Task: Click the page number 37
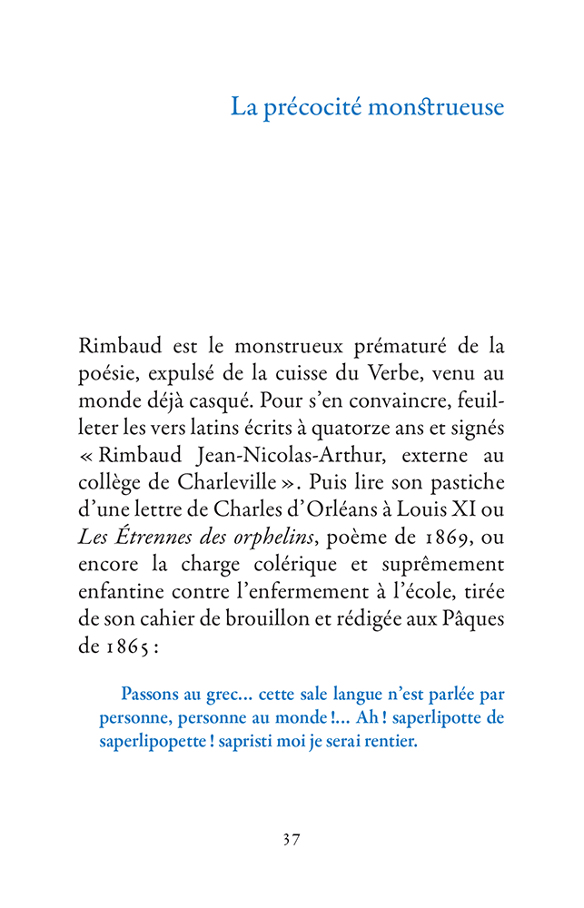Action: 292,839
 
